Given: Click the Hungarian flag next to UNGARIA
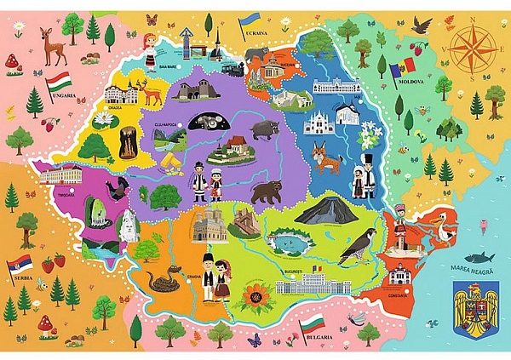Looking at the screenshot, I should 59,83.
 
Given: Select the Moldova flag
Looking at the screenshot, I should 401,66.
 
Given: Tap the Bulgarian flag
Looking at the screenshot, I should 312,324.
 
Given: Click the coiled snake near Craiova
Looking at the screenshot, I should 159,278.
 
